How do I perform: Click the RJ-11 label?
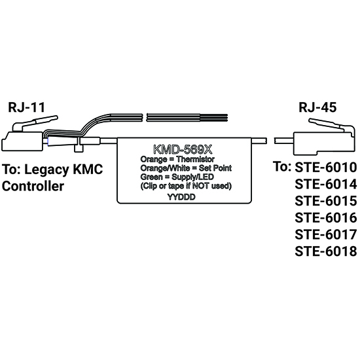(26, 107)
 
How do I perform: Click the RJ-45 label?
(317, 107)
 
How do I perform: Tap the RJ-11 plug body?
(22, 141)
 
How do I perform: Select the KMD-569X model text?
(183, 150)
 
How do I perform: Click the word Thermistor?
(195, 159)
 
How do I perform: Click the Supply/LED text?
(192, 177)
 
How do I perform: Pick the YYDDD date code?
(181, 197)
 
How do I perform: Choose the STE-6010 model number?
(326, 168)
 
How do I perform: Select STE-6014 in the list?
(326, 184)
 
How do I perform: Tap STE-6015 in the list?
(326, 201)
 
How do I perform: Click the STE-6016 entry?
(326, 218)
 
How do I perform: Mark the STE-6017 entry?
(326, 234)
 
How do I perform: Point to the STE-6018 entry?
(326, 251)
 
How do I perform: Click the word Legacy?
(46, 170)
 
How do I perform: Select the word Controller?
(33, 186)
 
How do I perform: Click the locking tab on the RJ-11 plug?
(35, 123)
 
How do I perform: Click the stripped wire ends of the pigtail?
(213, 118)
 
